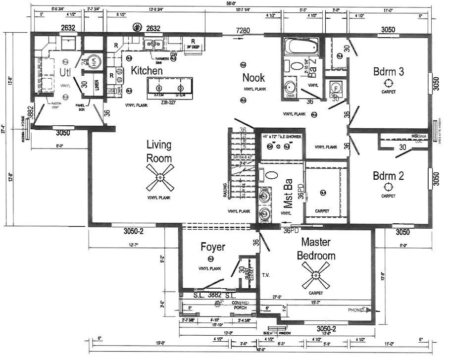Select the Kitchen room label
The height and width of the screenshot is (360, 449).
147,71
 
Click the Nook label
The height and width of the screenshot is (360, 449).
253,77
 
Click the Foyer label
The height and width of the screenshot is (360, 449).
213,247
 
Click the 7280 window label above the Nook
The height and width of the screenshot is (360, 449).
243,31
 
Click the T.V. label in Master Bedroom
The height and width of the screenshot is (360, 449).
265,274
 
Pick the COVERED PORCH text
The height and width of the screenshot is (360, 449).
240,305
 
